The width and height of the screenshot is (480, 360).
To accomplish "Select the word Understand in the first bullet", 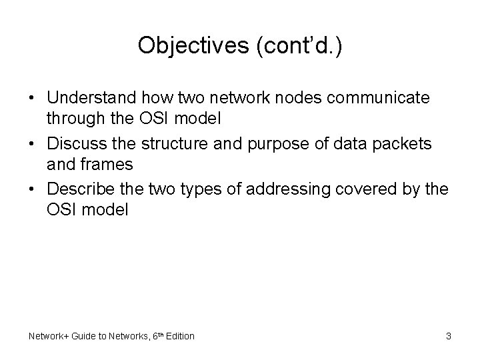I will [93, 98].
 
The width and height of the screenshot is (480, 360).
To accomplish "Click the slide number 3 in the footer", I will [448, 336].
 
